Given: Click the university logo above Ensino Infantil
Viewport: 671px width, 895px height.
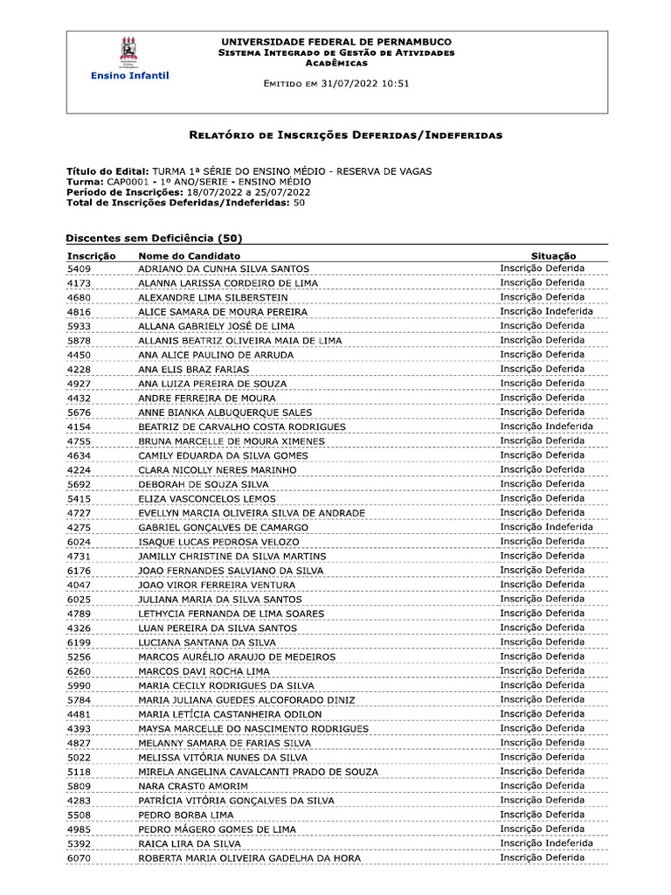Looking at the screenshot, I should click(x=128, y=51).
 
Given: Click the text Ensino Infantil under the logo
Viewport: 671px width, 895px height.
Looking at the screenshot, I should click(x=130, y=76).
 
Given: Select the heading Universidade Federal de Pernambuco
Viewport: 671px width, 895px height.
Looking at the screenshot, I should click(x=336, y=42).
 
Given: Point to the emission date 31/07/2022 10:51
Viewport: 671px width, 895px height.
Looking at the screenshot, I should click(x=366, y=84).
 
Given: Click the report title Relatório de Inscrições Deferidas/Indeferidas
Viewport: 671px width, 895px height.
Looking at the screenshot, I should click(x=346, y=135).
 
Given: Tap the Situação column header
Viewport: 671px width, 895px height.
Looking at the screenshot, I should click(x=555, y=254).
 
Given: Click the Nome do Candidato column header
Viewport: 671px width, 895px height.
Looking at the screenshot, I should click(x=189, y=254).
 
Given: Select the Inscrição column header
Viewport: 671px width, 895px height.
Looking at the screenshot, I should click(x=92, y=254).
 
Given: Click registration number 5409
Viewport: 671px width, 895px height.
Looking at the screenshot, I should click(x=79, y=268).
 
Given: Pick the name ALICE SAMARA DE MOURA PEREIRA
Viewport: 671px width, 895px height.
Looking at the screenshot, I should click(x=223, y=312).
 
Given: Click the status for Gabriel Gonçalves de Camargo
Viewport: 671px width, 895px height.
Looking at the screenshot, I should click(x=546, y=527).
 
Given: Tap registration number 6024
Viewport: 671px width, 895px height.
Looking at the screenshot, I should click(x=79, y=542).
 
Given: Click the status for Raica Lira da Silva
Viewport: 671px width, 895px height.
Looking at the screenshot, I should click(x=546, y=843).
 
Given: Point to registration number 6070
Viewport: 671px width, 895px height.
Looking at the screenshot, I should click(x=79, y=858).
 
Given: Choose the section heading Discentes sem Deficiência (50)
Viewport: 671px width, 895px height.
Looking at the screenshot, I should click(x=155, y=238).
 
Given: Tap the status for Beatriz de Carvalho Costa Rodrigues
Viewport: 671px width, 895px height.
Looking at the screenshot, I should click(x=546, y=427).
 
